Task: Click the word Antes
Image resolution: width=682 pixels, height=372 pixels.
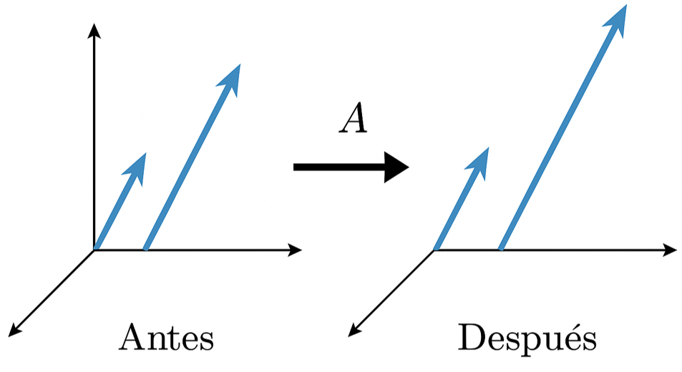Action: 167,338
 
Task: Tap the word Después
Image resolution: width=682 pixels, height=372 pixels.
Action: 527,338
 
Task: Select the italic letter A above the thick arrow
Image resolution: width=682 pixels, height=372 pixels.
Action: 354,119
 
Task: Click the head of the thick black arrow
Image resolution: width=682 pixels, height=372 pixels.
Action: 396,167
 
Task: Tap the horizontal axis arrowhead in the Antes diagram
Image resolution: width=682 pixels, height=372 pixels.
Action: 295,250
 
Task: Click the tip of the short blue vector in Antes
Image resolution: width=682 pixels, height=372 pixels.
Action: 144,155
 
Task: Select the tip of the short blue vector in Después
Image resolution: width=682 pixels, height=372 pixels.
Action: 487,150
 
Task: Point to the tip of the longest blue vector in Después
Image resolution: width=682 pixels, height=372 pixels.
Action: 625,7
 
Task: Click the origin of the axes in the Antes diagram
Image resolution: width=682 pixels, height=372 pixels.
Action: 94,250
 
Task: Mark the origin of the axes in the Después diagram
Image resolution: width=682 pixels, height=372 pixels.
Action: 434,250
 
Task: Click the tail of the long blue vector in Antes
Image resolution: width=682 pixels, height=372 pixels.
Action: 146,249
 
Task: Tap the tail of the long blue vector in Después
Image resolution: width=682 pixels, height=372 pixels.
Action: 501,249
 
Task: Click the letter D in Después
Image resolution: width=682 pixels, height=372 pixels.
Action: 472,338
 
